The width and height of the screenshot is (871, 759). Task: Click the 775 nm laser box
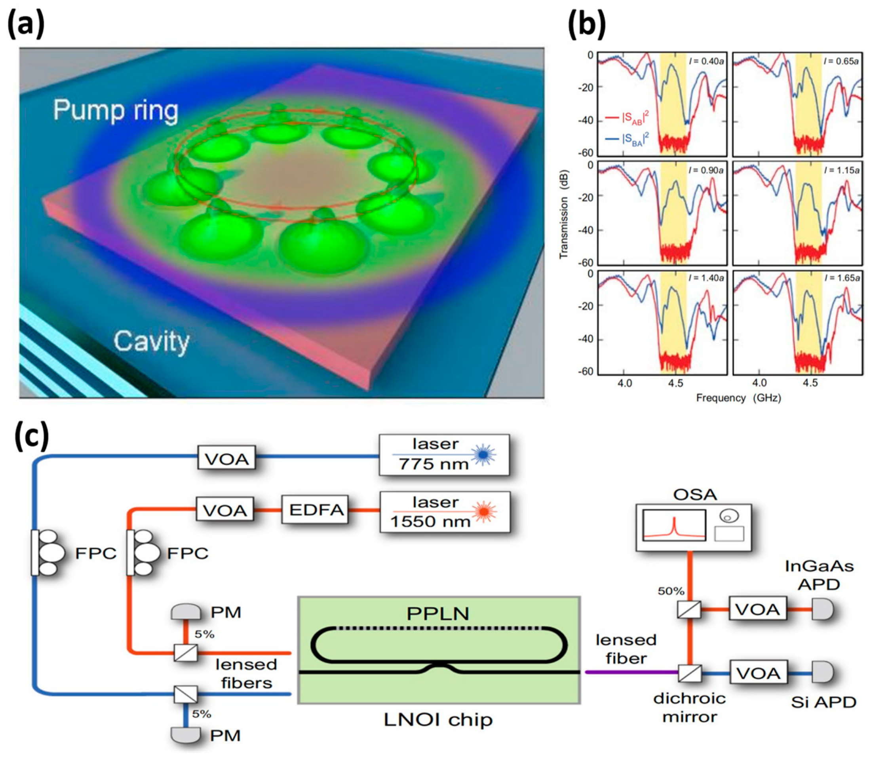[443, 454]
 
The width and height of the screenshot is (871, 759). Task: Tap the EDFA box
[316, 510]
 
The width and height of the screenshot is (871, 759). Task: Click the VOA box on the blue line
[226, 457]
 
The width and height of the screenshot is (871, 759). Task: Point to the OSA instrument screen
[674, 526]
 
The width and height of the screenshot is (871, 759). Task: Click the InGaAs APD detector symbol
[822, 609]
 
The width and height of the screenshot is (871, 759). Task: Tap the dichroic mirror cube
[690, 673]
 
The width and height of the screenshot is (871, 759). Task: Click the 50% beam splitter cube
[689, 610]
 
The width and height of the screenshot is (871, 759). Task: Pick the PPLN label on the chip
[438, 614]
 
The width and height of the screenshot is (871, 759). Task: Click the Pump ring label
[115, 110]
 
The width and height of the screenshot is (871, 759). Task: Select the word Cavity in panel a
[151, 342]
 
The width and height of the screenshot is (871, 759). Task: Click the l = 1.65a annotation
[841, 278]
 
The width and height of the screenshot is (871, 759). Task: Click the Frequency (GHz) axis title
[738, 398]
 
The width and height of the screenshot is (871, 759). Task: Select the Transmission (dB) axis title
[563, 215]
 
